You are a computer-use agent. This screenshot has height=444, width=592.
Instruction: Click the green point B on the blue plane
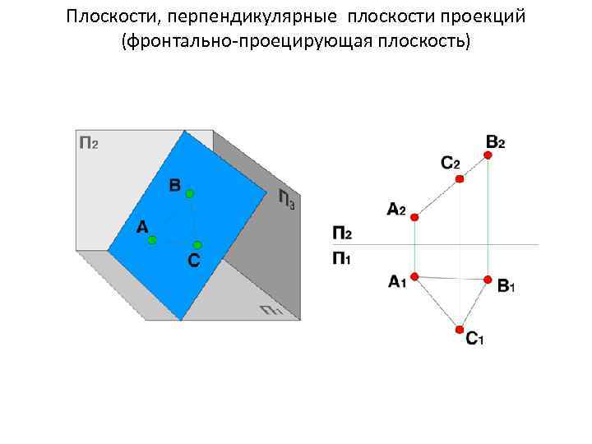(x=189, y=193)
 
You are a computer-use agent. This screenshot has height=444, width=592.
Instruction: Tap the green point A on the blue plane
(x=152, y=240)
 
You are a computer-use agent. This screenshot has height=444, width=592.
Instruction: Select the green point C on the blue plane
(x=197, y=244)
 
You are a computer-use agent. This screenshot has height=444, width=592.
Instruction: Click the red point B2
(x=488, y=155)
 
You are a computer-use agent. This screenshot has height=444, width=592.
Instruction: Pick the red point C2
(x=460, y=178)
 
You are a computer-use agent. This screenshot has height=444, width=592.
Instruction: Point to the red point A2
(x=415, y=217)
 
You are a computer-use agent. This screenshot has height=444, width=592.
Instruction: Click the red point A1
(x=415, y=276)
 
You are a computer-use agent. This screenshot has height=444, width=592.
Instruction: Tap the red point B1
(x=488, y=280)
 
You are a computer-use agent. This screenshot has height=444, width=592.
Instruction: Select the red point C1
(x=460, y=330)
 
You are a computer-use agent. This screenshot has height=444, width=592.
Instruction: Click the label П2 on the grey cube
(x=89, y=143)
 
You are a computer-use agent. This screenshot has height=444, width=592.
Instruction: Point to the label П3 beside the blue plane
(x=285, y=200)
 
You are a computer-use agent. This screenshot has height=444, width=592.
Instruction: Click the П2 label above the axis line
(x=342, y=233)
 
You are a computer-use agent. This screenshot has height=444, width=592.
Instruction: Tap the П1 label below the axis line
(x=342, y=259)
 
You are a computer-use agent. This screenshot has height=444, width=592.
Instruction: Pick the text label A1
(x=397, y=283)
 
